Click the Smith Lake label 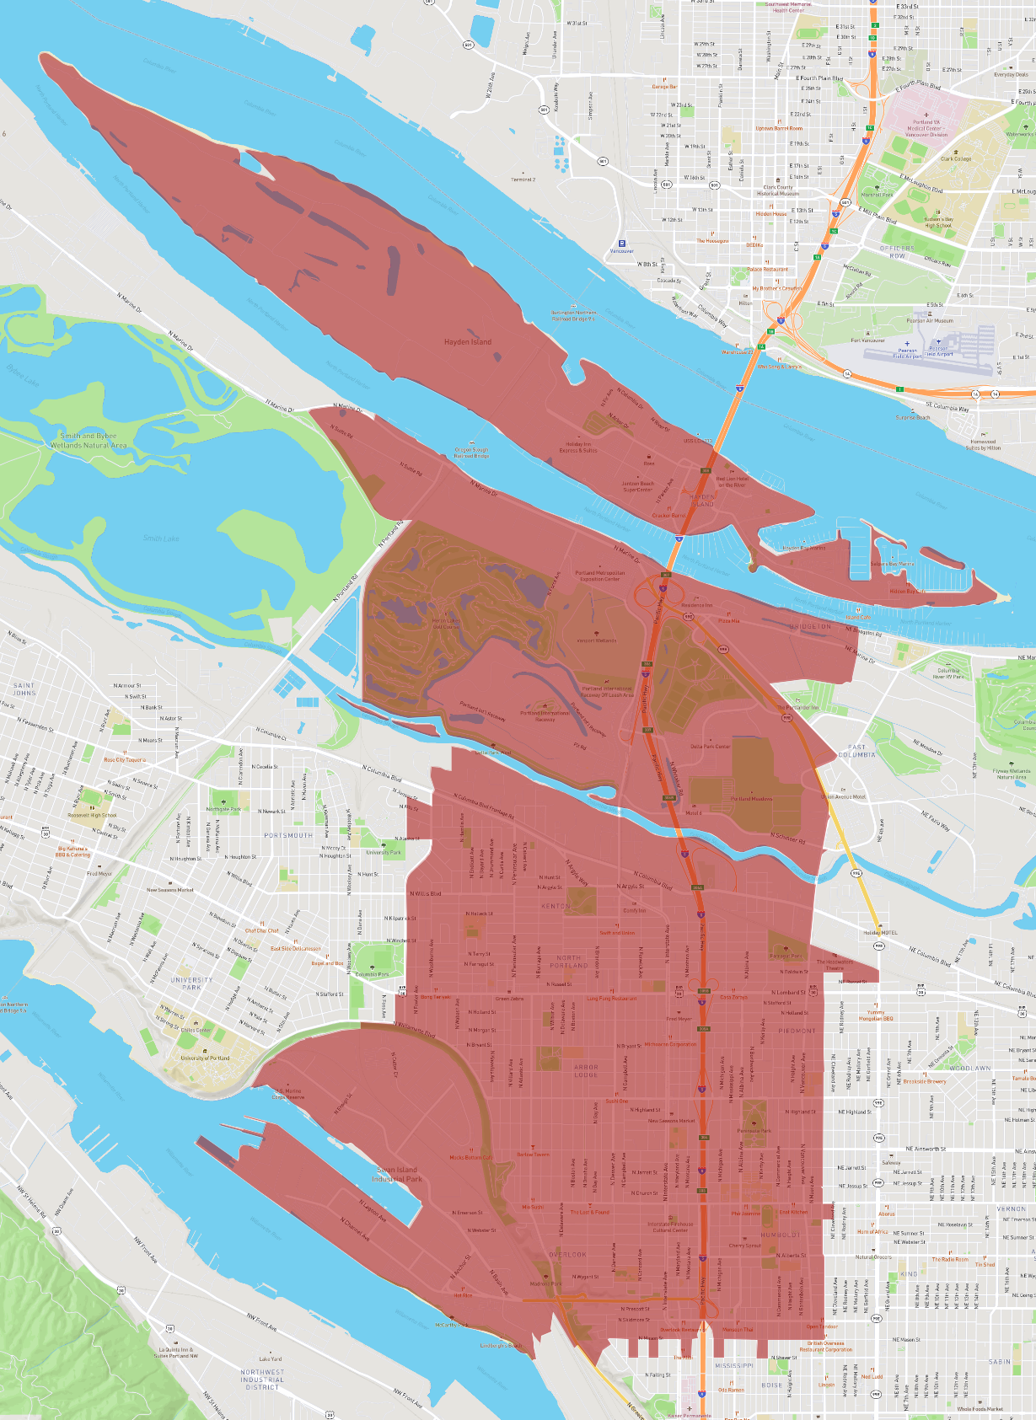tap(160, 538)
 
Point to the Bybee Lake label tap(22, 375)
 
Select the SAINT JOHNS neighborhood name tap(24, 689)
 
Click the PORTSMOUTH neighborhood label tap(288, 835)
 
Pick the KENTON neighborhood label tap(556, 906)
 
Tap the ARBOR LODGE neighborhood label tap(586, 1070)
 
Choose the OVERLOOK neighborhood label tap(567, 1254)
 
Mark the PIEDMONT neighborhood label tap(797, 1031)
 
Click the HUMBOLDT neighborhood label tap(781, 1235)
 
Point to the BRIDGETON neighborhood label tap(810, 626)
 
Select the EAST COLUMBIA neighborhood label tap(856, 750)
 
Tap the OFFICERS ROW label tap(897, 252)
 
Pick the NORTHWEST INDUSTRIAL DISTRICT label tap(262, 1379)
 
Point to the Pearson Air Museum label tap(930, 320)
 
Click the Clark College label tap(956, 158)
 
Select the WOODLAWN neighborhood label tap(969, 1068)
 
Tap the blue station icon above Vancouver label tap(622, 244)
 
